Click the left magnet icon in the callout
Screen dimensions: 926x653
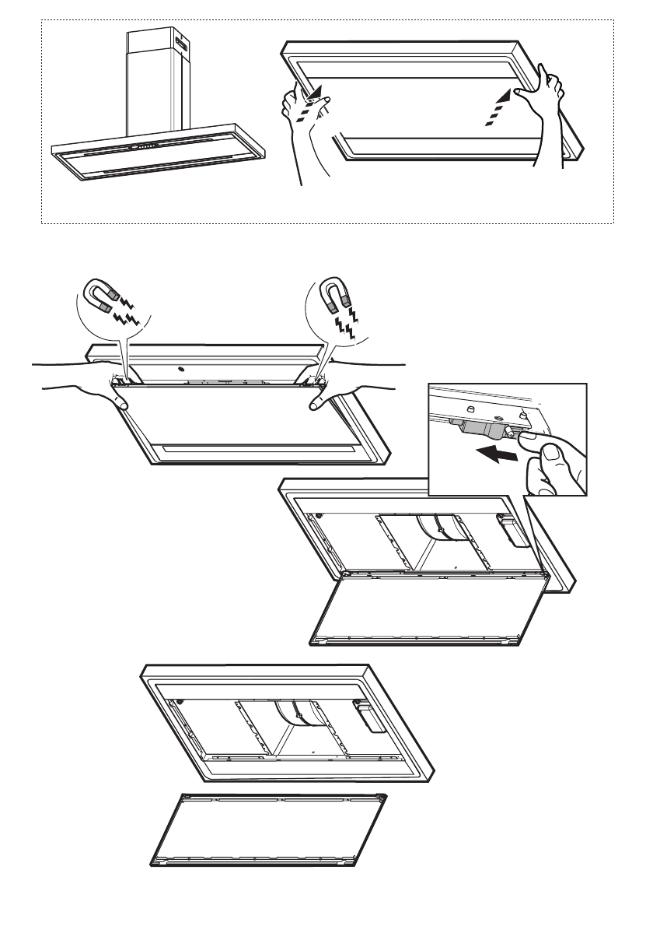(x=101, y=296)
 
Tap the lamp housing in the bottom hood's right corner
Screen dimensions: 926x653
(x=370, y=714)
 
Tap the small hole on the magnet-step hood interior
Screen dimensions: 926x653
(x=180, y=368)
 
